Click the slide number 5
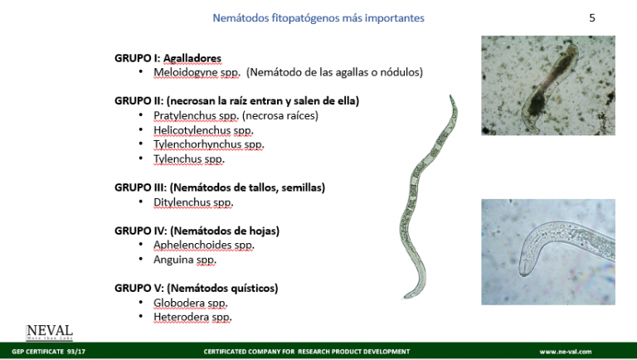592,17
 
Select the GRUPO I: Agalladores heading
168,58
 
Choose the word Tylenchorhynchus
197,144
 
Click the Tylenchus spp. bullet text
189,158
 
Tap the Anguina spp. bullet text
185,259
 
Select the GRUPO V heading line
196,288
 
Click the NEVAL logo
50,331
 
